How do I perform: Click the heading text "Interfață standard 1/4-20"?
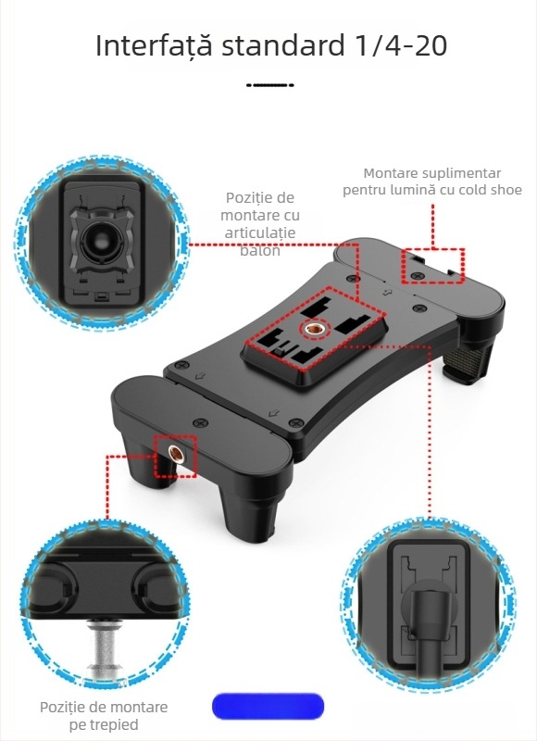pyautogui.click(x=270, y=45)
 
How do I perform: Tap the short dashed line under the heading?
pyautogui.click(x=270, y=84)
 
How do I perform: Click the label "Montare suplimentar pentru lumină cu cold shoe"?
pyautogui.click(x=431, y=182)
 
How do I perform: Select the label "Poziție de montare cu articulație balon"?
pyautogui.click(x=260, y=224)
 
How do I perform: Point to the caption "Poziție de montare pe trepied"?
pyautogui.click(x=104, y=715)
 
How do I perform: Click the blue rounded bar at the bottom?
pyautogui.click(x=268, y=707)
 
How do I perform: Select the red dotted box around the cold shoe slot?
pyautogui.click(x=432, y=264)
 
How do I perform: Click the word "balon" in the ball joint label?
pyautogui.click(x=260, y=251)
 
